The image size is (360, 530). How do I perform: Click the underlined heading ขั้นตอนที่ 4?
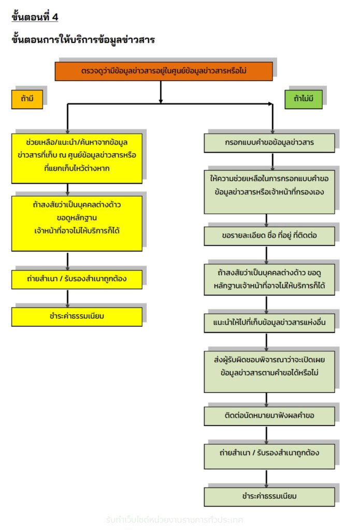tap(35, 17)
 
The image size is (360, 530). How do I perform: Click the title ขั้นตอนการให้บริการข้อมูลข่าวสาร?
tap(83, 40)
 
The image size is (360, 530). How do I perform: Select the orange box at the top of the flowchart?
tap(164, 71)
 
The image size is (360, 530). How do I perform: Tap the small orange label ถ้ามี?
tap(27, 98)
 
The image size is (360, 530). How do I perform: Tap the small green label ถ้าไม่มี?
tap(303, 98)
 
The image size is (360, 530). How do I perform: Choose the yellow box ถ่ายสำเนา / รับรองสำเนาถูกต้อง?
tap(77, 279)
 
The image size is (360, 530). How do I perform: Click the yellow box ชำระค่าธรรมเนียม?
tap(77, 316)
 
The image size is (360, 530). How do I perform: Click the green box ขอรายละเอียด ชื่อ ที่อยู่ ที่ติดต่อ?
tap(269, 235)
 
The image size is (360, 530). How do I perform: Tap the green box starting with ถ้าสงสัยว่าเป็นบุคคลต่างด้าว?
tap(269, 279)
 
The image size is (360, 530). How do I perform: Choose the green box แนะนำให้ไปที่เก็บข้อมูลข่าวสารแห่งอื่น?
tap(269, 322)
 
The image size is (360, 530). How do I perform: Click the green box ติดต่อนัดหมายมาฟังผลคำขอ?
tap(269, 416)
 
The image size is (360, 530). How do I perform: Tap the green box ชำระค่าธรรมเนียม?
tap(269, 496)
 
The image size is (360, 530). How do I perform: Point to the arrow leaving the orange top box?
tap(161, 92)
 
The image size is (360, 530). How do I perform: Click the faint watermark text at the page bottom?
tap(174, 519)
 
